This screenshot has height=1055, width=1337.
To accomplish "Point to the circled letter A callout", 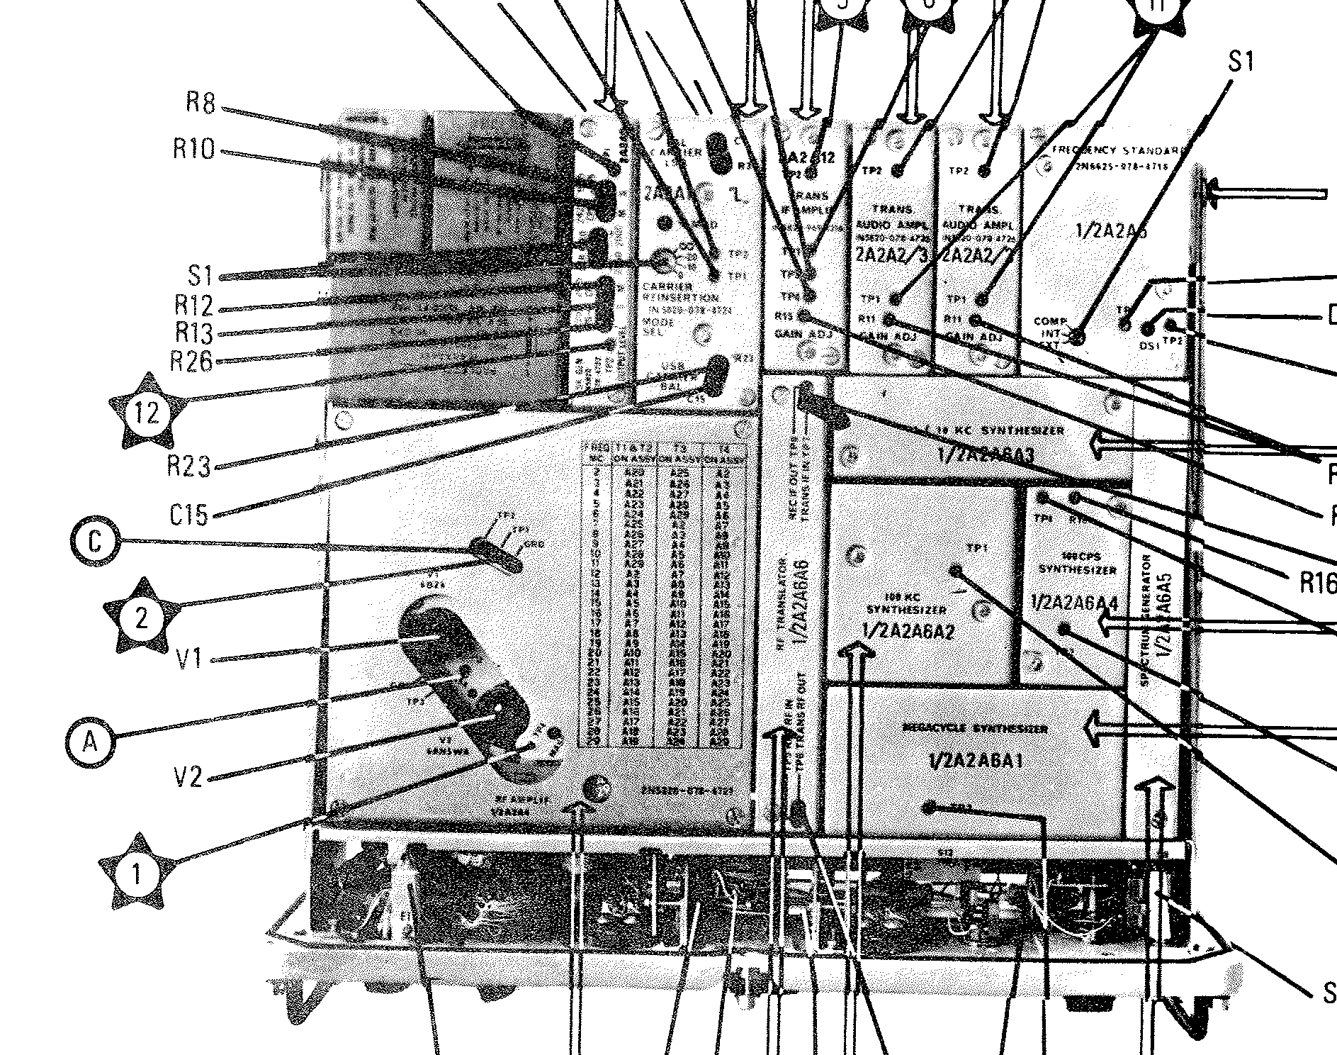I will point(90,742).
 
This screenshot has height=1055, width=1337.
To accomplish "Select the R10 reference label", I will point(193,150).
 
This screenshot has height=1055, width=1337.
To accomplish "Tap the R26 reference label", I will point(191,361).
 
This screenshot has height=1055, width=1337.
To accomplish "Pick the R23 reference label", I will point(189,466).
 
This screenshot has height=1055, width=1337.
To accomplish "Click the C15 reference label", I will point(190,515).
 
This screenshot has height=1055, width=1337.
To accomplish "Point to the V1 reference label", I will point(189,659).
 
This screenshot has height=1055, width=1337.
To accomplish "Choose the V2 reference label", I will point(188,778).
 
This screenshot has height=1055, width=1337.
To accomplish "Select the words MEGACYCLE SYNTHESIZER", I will point(976,728).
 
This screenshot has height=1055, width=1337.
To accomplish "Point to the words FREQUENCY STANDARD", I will point(1119,150).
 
